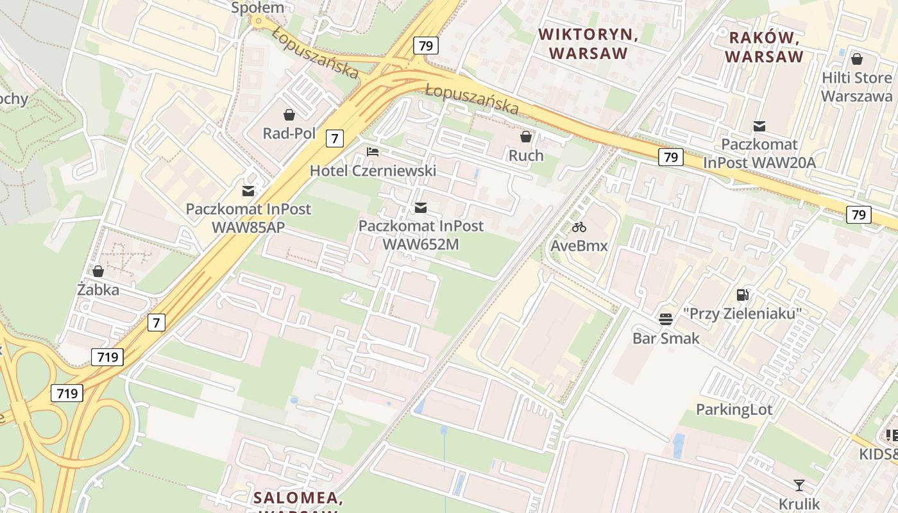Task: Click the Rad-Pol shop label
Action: tap(289, 133)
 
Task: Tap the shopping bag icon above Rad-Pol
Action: tap(289, 115)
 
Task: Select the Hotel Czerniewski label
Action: tap(373, 171)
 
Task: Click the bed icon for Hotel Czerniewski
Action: tap(373, 152)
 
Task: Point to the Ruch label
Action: tap(526, 155)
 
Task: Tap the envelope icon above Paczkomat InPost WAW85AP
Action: tap(248, 190)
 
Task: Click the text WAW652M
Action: tap(421, 244)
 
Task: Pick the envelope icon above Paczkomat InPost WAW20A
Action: tap(759, 126)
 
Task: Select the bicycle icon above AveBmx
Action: tap(579, 226)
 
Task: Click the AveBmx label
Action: tap(579, 245)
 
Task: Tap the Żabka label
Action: tap(98, 290)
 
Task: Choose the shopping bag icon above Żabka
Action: tap(98, 271)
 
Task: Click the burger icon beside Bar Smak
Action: tap(666, 319)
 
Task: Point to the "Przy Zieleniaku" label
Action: tap(743, 314)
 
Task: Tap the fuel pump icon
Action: tap(743, 295)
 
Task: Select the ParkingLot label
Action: tap(734, 409)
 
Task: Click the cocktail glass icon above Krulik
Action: tap(799, 485)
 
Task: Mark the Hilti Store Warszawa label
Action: tap(856, 87)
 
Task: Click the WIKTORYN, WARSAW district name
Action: tap(588, 44)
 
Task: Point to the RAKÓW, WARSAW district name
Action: tap(764, 47)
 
